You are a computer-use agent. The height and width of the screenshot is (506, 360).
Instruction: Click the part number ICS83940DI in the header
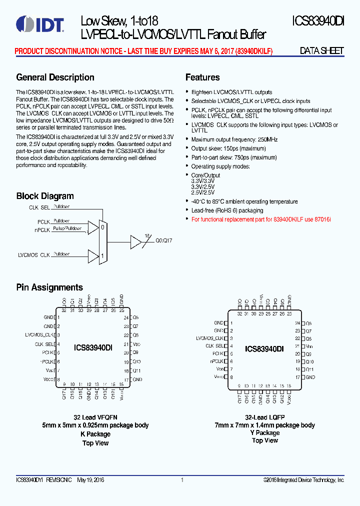[318, 21]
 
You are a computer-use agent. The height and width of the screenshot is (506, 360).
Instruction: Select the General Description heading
[55, 77]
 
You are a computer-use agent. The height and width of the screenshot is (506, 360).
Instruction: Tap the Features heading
[202, 77]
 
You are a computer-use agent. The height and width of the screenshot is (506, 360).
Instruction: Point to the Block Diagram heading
[45, 196]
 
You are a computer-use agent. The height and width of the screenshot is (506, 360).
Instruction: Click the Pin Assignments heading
[49, 287]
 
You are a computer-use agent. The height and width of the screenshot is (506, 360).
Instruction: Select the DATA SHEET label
[321, 51]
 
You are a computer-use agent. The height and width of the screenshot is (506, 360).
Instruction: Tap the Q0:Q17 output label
[163, 240]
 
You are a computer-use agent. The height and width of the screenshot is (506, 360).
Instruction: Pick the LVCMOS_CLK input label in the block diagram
[34, 255]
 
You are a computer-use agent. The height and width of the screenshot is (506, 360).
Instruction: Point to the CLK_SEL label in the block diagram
[39, 207]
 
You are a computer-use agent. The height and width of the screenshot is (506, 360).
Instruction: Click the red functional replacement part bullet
[261, 219]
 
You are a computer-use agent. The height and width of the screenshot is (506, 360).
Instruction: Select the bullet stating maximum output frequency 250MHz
[234, 139]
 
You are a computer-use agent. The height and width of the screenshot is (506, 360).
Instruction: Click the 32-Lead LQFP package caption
[264, 416]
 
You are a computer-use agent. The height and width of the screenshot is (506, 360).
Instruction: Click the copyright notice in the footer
[303, 480]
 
